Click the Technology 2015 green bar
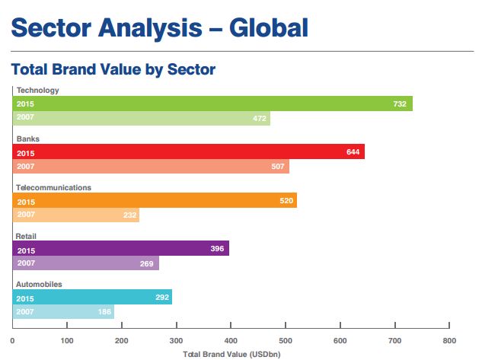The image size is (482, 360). coord(212,104)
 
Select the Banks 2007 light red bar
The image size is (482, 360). coord(151,166)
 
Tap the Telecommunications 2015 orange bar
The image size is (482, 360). coord(155,200)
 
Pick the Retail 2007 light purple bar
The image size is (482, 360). coord(86,263)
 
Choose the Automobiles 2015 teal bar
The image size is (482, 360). coord(92,297)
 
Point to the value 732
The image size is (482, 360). coord(400,104)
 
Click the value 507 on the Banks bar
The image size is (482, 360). coord(278,167)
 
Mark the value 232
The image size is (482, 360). coord(129,215)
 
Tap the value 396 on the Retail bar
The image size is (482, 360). coord(217,248)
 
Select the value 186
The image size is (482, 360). coord(104,312)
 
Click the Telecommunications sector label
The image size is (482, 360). coord(53,188)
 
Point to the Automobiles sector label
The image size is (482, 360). coord(39,285)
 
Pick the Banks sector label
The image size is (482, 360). coord(28,139)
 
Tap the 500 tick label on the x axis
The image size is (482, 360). coord(286,341)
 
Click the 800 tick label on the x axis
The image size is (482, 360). coord(449,341)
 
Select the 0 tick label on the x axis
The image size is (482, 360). coord(12,341)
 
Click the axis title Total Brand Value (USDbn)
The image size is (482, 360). coord(231,355)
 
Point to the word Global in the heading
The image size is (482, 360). coord(269,28)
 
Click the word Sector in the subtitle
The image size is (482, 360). coord(191,69)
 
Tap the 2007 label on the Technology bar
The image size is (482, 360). coord(25,117)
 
